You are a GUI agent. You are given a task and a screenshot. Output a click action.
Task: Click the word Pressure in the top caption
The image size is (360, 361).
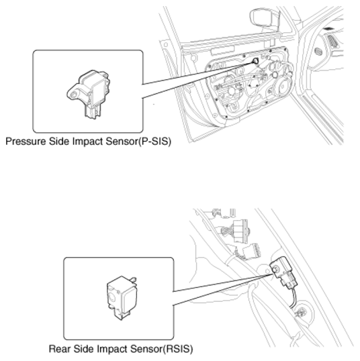26,141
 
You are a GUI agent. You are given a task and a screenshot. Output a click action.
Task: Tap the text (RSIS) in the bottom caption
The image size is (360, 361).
177,349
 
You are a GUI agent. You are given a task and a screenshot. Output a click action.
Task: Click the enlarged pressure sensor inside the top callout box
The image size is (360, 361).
89,94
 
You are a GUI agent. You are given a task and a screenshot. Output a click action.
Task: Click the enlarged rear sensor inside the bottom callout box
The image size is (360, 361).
122,298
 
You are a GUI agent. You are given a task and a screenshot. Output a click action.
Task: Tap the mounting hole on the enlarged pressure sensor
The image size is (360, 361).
74,95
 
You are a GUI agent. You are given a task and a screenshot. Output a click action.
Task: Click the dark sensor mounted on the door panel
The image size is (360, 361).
256,61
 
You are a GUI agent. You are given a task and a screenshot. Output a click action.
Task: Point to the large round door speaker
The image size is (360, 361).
281,87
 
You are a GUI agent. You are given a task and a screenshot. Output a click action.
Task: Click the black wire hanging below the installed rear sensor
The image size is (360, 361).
293,298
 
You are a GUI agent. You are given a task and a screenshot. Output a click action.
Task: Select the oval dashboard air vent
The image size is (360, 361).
318,52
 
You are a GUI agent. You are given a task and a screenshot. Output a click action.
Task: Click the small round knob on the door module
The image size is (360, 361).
275,74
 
